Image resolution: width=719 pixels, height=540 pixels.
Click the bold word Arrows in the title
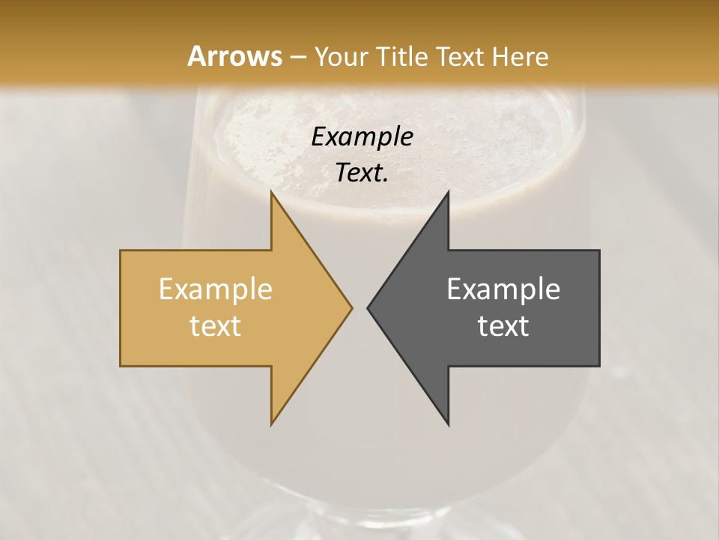coord(234,56)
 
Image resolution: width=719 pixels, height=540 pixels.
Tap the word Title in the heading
coord(401,56)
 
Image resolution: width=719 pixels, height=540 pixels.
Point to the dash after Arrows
coord(297,57)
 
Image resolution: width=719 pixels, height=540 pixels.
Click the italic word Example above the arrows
coord(362,136)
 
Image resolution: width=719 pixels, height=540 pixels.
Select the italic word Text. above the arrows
coord(362,172)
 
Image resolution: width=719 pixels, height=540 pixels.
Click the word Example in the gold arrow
coord(215,289)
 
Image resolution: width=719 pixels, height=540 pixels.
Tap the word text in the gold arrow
coord(215,325)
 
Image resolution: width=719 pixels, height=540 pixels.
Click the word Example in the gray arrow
coord(503,289)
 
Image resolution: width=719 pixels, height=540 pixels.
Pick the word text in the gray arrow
coord(503,325)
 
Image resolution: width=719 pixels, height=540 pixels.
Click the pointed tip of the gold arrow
coord(351,307)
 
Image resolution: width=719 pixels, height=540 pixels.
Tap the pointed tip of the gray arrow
coord(368,307)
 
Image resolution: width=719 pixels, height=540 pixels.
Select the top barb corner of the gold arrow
coord(272,193)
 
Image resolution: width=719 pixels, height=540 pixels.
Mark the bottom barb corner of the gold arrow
coord(272,424)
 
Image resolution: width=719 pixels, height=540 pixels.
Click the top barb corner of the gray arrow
coord(448,193)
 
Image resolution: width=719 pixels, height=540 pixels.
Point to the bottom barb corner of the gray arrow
coord(448,424)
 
